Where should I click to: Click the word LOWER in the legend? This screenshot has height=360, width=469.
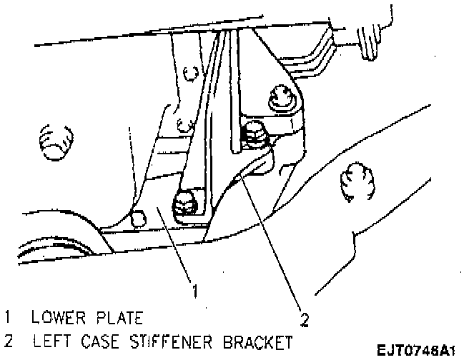point(51,316)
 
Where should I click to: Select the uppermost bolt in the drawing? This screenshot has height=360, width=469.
point(281,99)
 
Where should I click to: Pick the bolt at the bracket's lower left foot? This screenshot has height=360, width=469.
point(184,204)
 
